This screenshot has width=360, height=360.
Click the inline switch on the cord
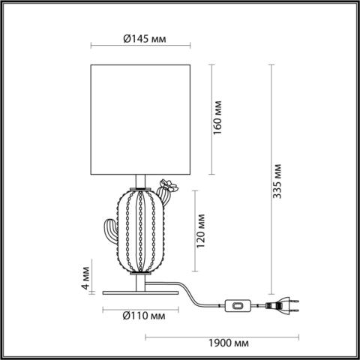coord(238,305)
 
